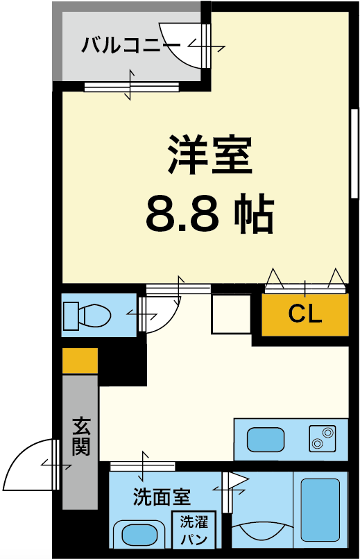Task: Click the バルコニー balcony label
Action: (x=131, y=45)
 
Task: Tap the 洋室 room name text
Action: (x=210, y=155)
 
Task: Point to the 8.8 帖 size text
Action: (x=210, y=213)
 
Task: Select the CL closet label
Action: (x=305, y=313)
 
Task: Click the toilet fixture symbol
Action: (x=87, y=316)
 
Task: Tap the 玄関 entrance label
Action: (x=81, y=436)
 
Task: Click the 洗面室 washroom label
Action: (x=162, y=497)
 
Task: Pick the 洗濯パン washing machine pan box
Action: (x=194, y=530)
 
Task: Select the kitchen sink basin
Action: (x=266, y=439)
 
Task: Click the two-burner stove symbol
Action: (x=323, y=438)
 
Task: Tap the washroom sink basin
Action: (x=139, y=535)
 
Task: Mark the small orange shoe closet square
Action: (x=80, y=361)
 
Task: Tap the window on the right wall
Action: (x=354, y=153)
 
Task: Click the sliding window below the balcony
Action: (x=132, y=87)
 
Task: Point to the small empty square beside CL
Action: (x=231, y=313)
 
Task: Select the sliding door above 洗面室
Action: (x=143, y=466)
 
